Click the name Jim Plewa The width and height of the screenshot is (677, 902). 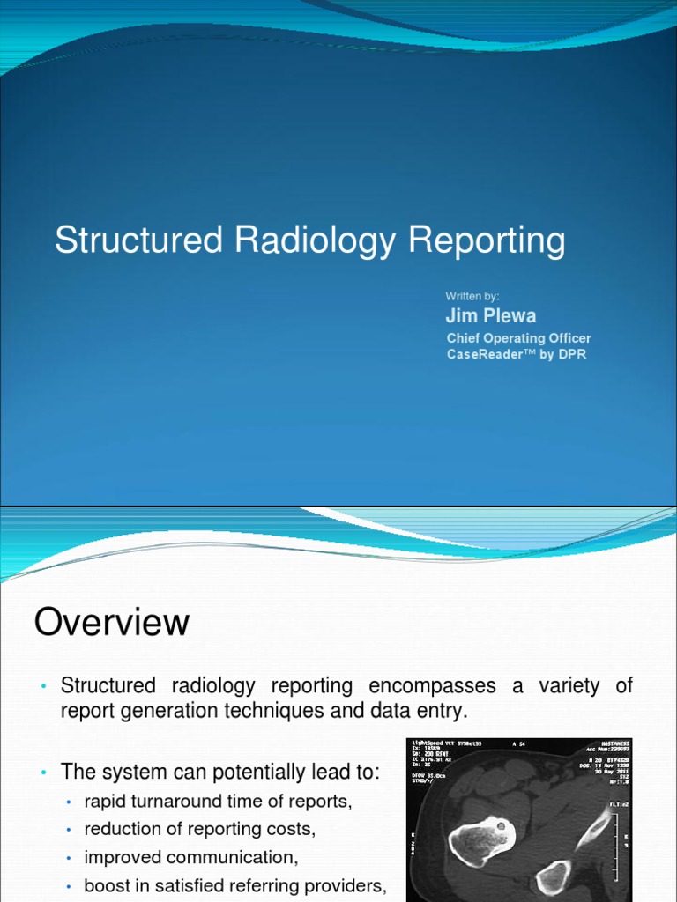tap(491, 316)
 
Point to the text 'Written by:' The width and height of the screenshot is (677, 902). tap(472, 296)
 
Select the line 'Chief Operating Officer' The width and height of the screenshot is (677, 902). tap(518, 338)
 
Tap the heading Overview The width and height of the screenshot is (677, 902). tap(112, 624)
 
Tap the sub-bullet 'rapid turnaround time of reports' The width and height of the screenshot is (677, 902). tap(219, 802)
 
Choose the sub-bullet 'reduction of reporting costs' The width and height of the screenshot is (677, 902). tap(200, 830)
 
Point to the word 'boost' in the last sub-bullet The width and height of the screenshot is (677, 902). tap(105, 885)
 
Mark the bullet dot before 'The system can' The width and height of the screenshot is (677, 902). tap(42, 773)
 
